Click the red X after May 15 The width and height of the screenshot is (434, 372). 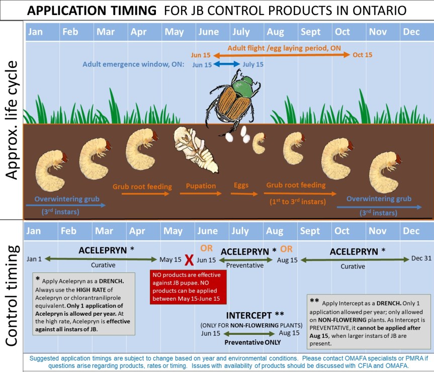point(189,260)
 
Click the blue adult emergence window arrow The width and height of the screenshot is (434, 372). point(227,64)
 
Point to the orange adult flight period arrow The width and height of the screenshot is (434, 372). point(282,55)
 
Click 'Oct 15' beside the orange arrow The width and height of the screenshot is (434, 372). point(362,55)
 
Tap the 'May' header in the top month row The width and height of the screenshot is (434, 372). point(174,32)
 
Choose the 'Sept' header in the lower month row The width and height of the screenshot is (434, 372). point(310,231)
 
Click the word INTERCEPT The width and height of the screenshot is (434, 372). point(249,315)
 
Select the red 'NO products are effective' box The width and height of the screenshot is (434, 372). point(188,287)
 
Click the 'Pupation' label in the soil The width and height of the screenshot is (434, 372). point(201,186)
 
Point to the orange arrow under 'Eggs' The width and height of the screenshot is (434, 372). point(244,194)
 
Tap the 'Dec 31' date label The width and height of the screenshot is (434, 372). point(421,258)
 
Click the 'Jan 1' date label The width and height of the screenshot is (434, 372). point(34,259)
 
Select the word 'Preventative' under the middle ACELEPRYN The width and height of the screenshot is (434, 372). point(245,265)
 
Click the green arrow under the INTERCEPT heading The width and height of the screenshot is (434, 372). point(249,334)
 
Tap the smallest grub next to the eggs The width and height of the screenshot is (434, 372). point(259,143)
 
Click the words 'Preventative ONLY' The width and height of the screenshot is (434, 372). point(252,342)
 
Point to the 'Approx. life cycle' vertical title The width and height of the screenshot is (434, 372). point(12,120)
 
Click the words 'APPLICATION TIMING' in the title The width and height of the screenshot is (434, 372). point(92,11)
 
